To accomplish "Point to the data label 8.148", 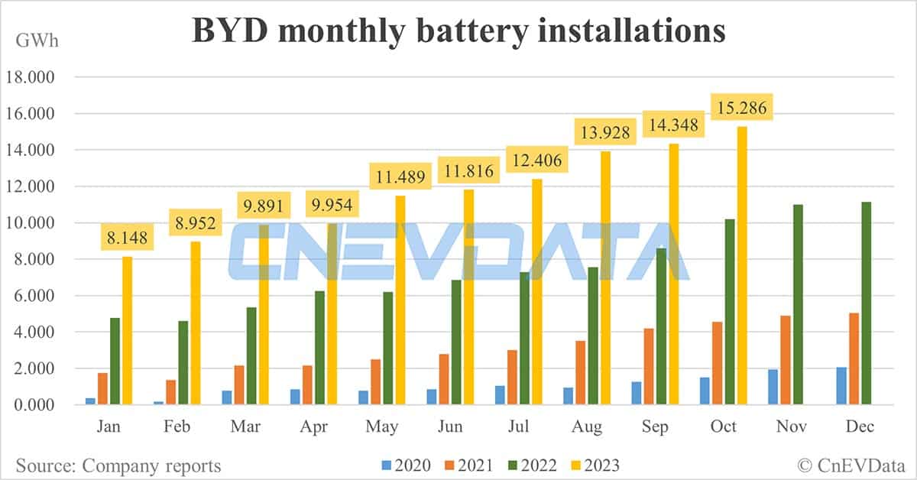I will (x=127, y=238).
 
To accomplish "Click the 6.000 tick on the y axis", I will (x=31, y=296).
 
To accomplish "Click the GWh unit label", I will (x=35, y=41).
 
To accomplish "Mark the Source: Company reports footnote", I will (x=118, y=465).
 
